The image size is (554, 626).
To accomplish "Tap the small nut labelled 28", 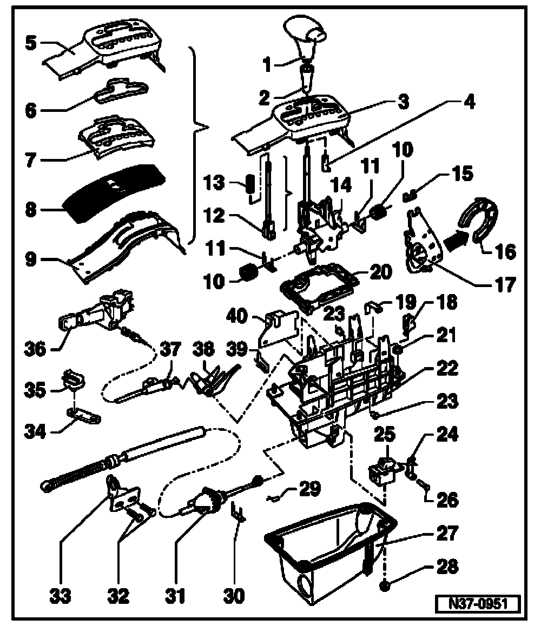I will tap(386, 584).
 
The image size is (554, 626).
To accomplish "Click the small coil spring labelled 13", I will tap(250, 184).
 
